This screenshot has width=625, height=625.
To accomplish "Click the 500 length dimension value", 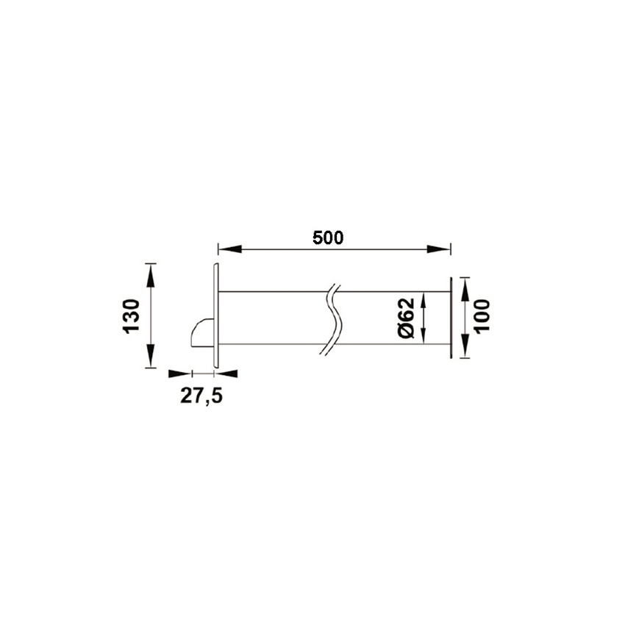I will (x=328, y=238).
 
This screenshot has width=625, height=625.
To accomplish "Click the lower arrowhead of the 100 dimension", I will (x=464, y=346).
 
